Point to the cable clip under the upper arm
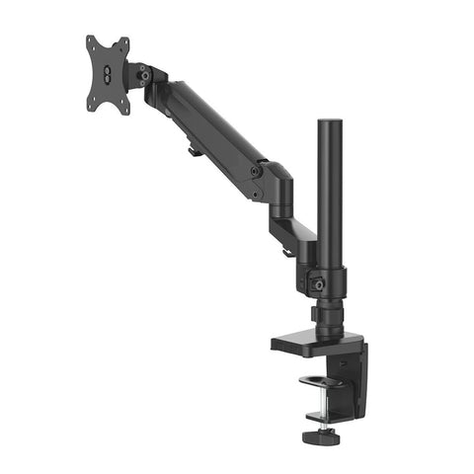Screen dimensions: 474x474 coord(191,152)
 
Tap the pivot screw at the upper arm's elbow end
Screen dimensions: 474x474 coord(256,171)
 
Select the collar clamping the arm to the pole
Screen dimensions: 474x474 coord(325,276)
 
